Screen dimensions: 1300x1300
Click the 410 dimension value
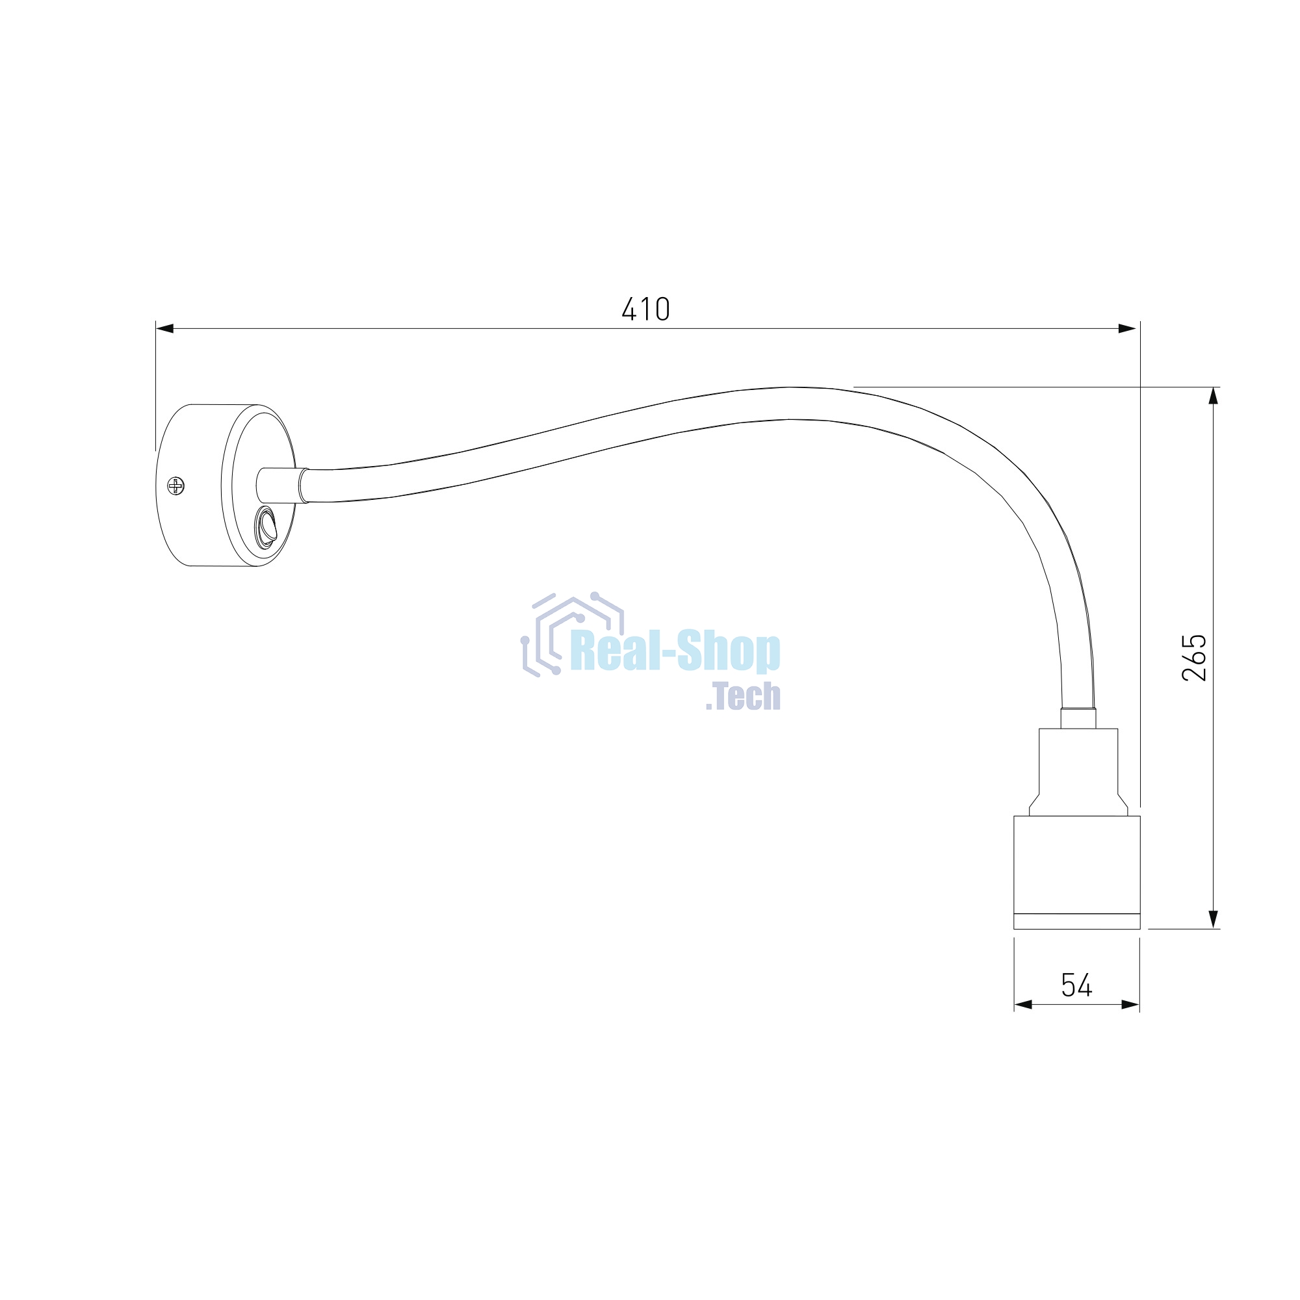[645, 309]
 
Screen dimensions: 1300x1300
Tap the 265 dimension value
[1194, 657]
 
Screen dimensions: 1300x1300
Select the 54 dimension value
[1076, 985]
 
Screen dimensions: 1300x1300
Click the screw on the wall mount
[175, 485]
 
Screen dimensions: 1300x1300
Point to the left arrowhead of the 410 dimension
[165, 328]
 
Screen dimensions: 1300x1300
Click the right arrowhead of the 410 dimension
[1127, 328]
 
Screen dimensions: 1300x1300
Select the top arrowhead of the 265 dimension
[1213, 396]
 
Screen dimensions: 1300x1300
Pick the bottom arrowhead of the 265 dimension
[1213, 919]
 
